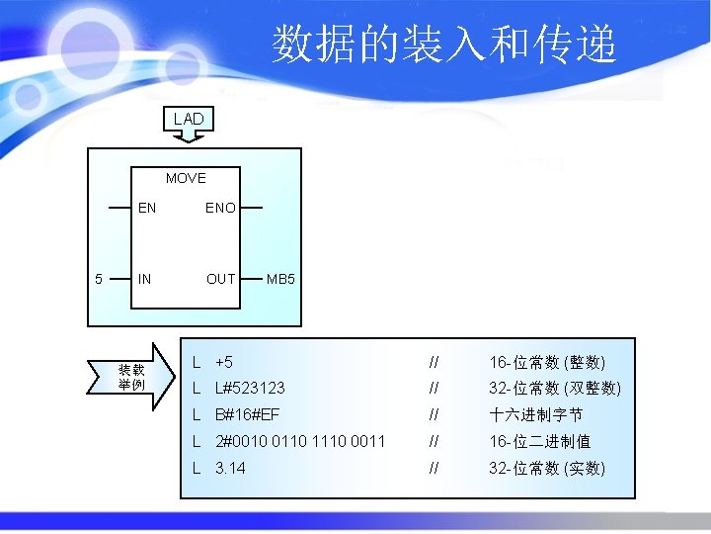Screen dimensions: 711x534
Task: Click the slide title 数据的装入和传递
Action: click(444, 44)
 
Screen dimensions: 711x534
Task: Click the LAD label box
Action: click(188, 119)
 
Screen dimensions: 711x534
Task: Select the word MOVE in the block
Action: click(186, 179)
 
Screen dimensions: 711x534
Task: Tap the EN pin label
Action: click(147, 209)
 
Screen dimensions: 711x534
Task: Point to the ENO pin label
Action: click(220, 209)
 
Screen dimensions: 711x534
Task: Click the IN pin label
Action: click(145, 279)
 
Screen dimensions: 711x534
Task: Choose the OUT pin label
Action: click(220, 279)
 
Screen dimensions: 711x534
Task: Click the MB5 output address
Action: click(280, 279)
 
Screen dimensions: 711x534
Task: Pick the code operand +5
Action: click(224, 362)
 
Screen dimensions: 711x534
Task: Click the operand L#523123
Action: click(250, 389)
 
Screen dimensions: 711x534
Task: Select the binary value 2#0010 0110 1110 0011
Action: click(300, 441)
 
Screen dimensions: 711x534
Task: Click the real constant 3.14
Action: click(230, 468)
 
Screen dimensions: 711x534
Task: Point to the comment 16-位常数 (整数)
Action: click(547, 362)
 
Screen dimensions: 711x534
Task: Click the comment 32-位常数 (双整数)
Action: click(554, 389)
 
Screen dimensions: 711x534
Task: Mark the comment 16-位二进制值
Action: click(539, 441)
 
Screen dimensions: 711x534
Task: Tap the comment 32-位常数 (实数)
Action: click(547, 468)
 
